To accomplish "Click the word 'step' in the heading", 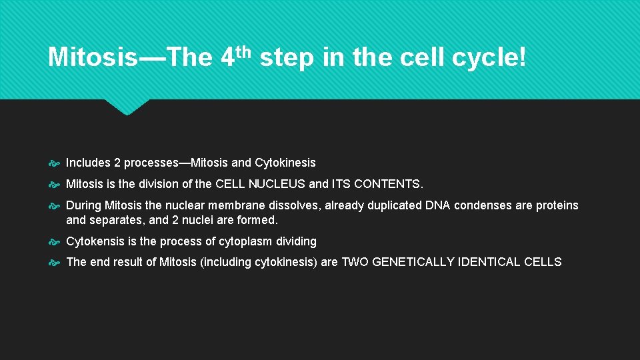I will tap(287, 59).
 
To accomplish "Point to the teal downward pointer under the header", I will tap(127, 107).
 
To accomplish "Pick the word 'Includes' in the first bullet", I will tap(87, 163).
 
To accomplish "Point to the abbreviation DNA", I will tap(438, 205).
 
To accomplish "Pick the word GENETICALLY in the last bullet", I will tap(412, 262).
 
